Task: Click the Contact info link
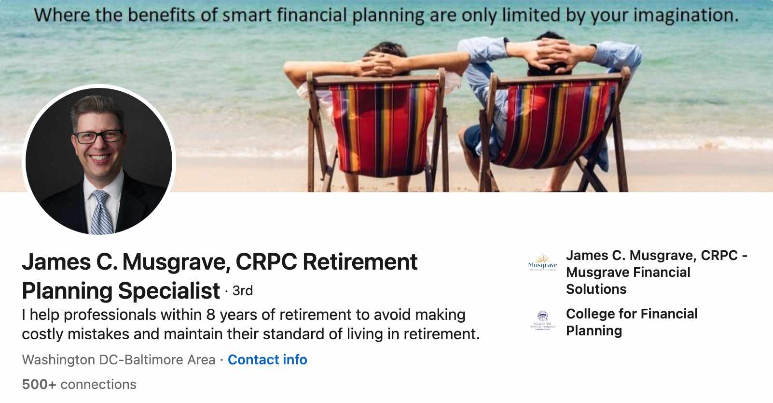[x=267, y=360]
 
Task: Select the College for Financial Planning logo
[x=542, y=321]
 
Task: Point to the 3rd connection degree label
[x=242, y=290]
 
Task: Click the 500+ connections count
[x=79, y=384]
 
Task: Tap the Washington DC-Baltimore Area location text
[x=119, y=360]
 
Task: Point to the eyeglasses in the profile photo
[x=99, y=136]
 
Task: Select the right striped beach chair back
[x=555, y=123]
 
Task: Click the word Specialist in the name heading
[x=169, y=290]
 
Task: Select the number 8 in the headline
[x=210, y=315]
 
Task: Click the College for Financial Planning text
[x=632, y=322]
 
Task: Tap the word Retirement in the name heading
[x=360, y=261]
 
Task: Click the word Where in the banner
[x=63, y=15]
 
